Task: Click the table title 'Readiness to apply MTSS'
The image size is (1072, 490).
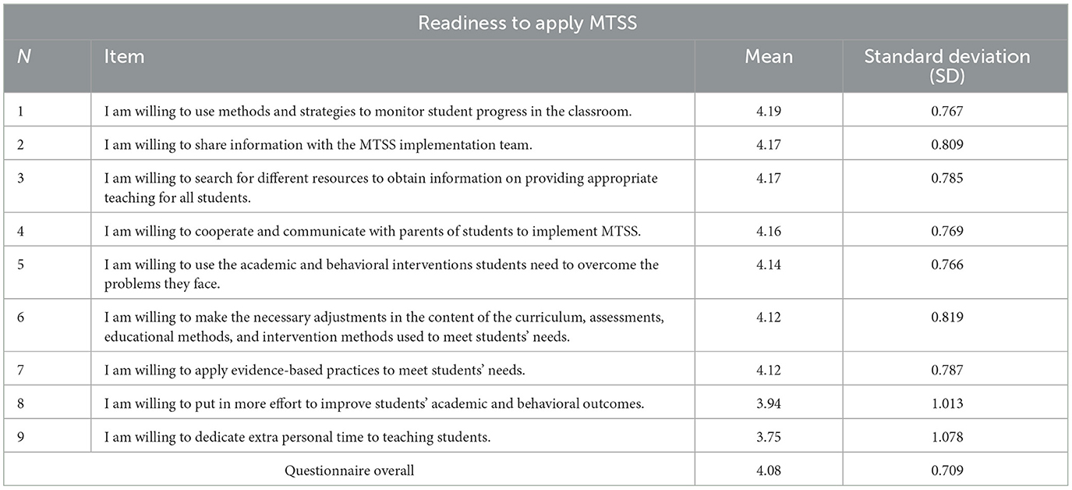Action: [x=528, y=23]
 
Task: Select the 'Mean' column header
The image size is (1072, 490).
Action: [x=768, y=57]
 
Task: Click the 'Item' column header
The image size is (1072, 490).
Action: [x=125, y=57]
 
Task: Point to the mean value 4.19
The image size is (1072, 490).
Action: [x=768, y=112]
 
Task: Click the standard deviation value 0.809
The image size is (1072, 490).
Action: [x=954, y=144]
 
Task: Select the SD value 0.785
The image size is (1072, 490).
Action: [x=954, y=178]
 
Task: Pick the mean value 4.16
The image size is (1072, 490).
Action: [x=768, y=231]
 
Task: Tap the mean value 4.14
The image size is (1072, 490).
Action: [x=768, y=265]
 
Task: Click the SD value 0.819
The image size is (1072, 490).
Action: [x=954, y=318]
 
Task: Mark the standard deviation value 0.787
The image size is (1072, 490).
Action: [x=954, y=370]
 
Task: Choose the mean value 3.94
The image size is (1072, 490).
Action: [x=768, y=403]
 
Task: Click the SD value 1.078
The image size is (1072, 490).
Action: [x=954, y=437]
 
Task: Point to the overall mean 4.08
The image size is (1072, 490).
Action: [x=768, y=470]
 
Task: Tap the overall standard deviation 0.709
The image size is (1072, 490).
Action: [x=954, y=470]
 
